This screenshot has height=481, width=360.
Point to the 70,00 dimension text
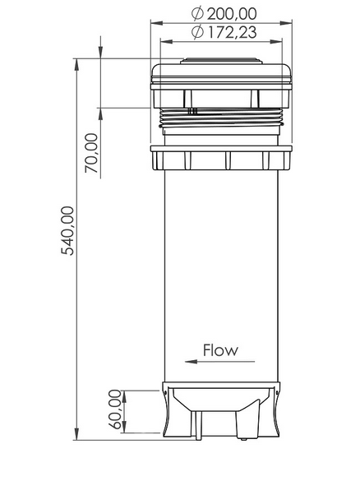(x=90, y=154)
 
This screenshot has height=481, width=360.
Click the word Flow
(x=220, y=349)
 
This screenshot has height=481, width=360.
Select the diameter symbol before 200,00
(x=196, y=13)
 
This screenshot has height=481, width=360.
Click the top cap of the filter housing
(x=222, y=74)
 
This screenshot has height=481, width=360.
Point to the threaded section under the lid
(x=222, y=120)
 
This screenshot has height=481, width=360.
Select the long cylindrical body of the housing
(x=222, y=263)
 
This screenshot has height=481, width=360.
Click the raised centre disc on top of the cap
(x=222, y=60)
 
